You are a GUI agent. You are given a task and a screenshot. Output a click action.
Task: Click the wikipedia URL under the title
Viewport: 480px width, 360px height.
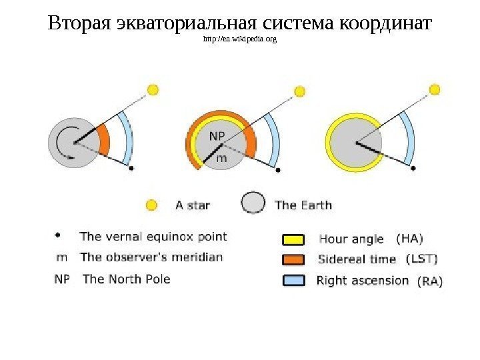239,40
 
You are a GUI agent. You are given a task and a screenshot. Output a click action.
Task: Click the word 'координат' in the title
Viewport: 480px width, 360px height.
386,24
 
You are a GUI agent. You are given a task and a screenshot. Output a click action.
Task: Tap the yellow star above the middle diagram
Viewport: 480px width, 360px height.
300,91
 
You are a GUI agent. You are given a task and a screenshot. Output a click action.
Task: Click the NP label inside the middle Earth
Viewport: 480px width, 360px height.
217,136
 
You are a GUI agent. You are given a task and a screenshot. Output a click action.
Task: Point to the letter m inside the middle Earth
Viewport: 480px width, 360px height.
222,159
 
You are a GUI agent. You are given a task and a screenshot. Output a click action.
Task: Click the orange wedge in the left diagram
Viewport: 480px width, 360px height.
103,140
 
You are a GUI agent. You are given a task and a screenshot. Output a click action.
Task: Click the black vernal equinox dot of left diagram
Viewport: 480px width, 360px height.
131,169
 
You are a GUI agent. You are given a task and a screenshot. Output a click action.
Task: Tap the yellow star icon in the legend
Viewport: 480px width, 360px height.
152,205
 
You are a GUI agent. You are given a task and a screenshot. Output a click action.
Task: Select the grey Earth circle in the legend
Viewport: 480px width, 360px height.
253,203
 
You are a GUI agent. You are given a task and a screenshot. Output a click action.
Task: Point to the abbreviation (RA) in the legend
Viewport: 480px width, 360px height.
429,282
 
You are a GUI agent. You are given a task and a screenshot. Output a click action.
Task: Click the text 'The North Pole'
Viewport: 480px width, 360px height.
126,279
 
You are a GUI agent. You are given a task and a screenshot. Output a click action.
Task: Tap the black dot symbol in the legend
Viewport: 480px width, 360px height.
58,235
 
